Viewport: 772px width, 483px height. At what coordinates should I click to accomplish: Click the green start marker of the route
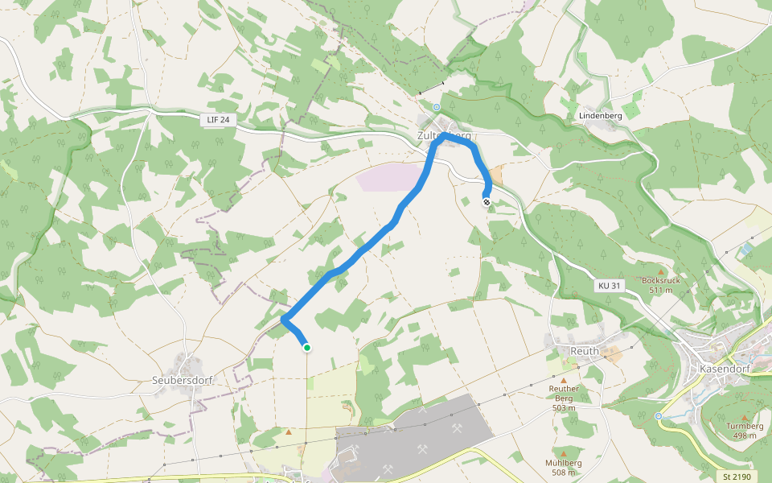(x=306, y=348)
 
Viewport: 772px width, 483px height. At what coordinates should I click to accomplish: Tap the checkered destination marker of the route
(x=487, y=201)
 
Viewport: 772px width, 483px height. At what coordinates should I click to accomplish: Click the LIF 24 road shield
(x=218, y=120)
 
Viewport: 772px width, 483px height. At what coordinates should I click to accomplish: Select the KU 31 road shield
(x=610, y=286)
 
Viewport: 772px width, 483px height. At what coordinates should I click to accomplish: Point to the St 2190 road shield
(x=736, y=477)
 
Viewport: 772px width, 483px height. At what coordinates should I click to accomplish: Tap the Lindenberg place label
(x=601, y=116)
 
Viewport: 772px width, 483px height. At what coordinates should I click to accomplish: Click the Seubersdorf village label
(x=182, y=381)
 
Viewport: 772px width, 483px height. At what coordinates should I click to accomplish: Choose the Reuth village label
(x=585, y=351)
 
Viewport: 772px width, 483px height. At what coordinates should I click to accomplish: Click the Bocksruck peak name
(x=660, y=281)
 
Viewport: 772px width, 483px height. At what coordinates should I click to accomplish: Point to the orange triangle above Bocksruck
(x=661, y=271)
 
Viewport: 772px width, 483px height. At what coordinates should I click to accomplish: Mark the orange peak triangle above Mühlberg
(x=564, y=453)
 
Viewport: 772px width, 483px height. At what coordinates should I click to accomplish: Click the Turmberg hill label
(x=745, y=426)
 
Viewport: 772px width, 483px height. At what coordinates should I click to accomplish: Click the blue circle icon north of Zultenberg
(x=437, y=107)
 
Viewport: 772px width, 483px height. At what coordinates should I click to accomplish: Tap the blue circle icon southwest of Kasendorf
(x=659, y=416)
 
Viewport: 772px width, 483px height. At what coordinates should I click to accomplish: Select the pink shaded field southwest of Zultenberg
(x=390, y=177)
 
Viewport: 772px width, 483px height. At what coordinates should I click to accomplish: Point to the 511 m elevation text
(x=660, y=290)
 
